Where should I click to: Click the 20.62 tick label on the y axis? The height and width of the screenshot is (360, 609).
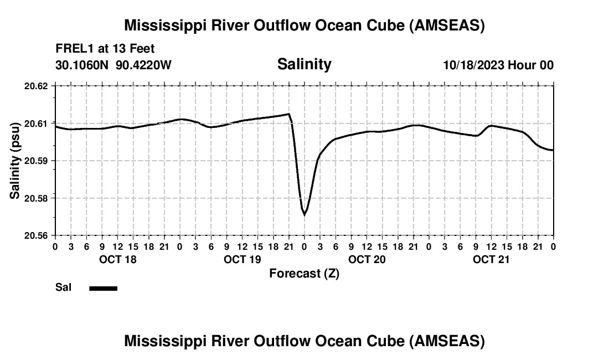point(36,86)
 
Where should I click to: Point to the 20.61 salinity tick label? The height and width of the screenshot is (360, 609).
point(36,123)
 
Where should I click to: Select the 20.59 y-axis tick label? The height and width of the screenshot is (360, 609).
point(36,161)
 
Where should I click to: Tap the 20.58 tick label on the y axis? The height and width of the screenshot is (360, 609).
point(36,198)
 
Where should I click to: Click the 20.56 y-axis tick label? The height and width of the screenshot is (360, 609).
point(36,235)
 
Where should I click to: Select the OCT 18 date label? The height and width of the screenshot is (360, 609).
point(118,259)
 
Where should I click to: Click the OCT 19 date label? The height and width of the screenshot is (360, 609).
point(242,259)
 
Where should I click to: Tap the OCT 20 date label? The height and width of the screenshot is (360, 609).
point(367,259)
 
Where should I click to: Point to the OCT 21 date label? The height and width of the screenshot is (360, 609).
point(492,259)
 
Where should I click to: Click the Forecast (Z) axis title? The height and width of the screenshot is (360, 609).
point(304,274)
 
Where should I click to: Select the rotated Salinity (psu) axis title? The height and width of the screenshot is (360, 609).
point(15,161)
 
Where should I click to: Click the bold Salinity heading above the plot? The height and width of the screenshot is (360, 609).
point(304,64)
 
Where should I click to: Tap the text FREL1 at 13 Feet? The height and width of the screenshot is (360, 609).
point(105,49)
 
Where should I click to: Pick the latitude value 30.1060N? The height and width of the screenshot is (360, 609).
point(83,65)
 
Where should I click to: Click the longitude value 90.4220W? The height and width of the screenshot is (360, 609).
point(144,65)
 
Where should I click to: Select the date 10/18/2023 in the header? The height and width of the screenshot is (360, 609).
point(473,65)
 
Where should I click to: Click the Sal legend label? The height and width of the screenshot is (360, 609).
point(64,287)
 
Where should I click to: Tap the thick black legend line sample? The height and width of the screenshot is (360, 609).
point(103,288)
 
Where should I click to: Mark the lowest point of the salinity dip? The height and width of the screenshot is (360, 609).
point(304,215)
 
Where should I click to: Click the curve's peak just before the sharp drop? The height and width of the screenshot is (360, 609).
point(288,114)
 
